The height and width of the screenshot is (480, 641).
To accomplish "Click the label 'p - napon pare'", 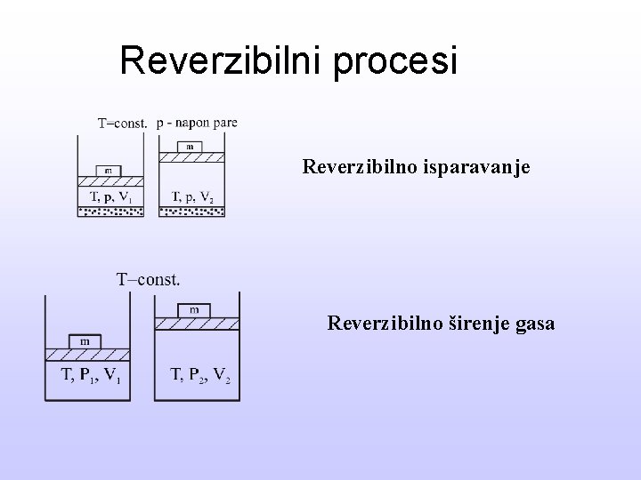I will tap(197, 123).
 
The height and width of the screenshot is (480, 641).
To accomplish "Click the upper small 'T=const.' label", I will tap(122, 124).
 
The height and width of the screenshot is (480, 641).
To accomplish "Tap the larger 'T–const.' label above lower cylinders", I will tap(149, 280).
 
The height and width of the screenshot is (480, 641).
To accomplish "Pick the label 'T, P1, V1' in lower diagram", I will tap(90, 374).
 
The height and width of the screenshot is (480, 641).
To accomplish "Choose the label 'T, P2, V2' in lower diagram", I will tap(200, 374).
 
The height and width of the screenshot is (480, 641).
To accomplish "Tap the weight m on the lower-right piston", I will tap(193, 309).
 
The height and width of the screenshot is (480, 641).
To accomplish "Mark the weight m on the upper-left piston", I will tap(107, 170).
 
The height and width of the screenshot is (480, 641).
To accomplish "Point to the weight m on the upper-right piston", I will tap(190, 146).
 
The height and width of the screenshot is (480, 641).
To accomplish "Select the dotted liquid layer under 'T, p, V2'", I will tap(191, 211).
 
